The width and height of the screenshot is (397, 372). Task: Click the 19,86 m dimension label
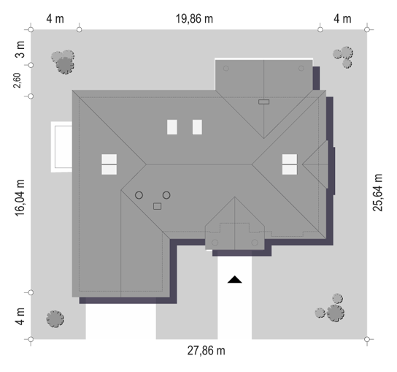(194, 19)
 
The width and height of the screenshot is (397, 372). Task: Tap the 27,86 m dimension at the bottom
(206, 351)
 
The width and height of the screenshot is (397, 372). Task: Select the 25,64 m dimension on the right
(377, 192)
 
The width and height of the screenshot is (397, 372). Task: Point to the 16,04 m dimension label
(20, 198)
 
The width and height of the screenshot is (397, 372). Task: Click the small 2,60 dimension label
(17, 80)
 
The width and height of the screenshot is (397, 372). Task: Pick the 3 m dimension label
(20, 49)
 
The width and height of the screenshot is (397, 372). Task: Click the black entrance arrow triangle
(235, 279)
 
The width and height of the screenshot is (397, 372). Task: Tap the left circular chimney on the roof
(139, 195)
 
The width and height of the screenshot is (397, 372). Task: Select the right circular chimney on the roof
(166, 195)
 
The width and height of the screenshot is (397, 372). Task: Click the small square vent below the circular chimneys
(157, 206)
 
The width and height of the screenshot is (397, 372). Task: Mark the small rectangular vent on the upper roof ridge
(264, 102)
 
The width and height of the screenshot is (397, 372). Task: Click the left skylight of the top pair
(172, 127)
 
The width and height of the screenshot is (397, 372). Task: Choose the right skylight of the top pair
(197, 127)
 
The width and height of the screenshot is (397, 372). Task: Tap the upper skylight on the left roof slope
(109, 159)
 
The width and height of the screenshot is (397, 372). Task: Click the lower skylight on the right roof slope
(290, 170)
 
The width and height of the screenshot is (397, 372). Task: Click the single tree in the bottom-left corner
(55, 319)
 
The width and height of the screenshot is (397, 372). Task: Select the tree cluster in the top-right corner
(343, 57)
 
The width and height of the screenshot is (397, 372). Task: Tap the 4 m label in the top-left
(55, 19)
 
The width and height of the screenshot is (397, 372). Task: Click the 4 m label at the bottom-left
(20, 316)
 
